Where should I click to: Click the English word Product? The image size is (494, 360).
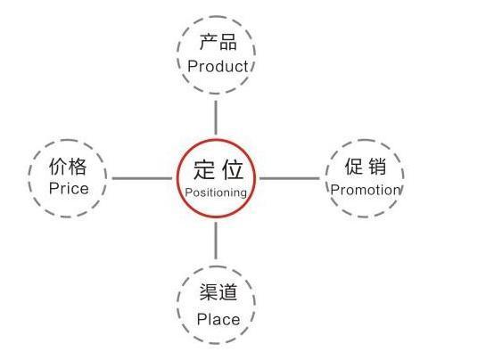pyautogui.click(x=218, y=67)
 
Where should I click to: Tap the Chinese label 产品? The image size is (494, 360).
pyautogui.click(x=218, y=42)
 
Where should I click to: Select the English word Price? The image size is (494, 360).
pyautogui.click(x=69, y=189)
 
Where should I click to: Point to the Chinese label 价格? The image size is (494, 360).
pyautogui.click(x=68, y=167)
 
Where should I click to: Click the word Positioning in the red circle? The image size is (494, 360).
pyautogui.click(x=216, y=192)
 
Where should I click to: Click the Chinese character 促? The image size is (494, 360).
pyautogui.click(x=354, y=167)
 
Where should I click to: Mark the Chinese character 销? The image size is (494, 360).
pyautogui.click(x=377, y=167)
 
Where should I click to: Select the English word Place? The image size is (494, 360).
pyautogui.click(x=218, y=319)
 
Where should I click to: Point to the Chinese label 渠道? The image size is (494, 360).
pyautogui.click(x=218, y=291)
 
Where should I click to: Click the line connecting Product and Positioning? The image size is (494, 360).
pyautogui.click(x=216, y=118)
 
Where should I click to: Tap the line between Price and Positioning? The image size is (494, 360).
pyautogui.click(x=142, y=178)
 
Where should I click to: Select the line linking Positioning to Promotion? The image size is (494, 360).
pyautogui.click(x=289, y=178)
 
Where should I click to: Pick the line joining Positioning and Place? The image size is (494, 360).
pyautogui.click(x=216, y=241)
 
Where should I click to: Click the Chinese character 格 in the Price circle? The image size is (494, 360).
pyautogui.click(x=78, y=167)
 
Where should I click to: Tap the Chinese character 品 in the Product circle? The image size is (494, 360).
pyautogui.click(x=227, y=42)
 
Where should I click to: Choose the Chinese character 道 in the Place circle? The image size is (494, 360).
pyautogui.click(x=227, y=291)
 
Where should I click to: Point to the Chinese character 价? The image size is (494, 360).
pyautogui.click(x=58, y=167)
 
